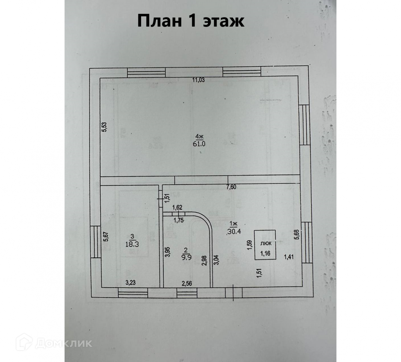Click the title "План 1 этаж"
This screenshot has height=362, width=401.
(191, 21)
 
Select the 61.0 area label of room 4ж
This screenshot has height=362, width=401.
(199, 144)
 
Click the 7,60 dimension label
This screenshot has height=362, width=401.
(231, 187)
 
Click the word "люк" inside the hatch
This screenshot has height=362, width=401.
(266, 243)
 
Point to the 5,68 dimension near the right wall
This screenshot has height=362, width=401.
(296, 233)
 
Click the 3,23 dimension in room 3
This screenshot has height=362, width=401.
(131, 283)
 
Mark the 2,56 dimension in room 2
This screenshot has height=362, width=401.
(187, 284)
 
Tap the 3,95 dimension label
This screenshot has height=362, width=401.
(168, 251)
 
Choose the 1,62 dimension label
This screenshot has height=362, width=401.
(177, 208)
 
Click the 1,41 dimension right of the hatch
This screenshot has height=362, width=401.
(289, 256)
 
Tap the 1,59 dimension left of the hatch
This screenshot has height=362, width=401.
(249, 245)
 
